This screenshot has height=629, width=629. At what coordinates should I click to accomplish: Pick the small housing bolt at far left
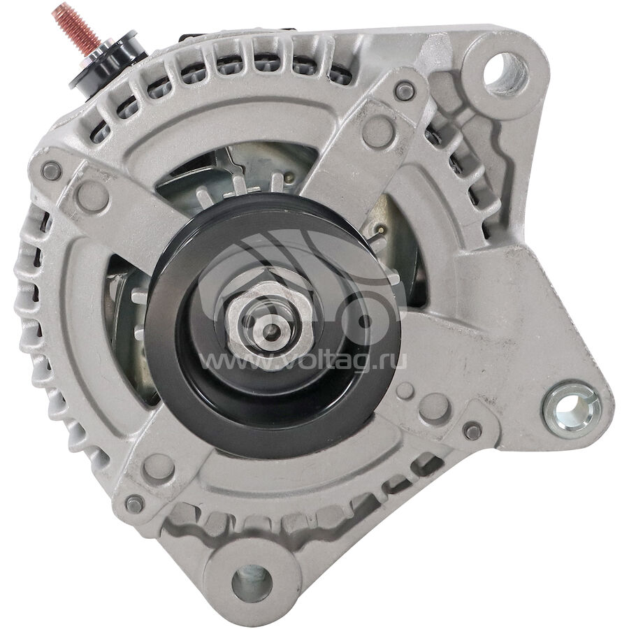click(52, 171)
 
